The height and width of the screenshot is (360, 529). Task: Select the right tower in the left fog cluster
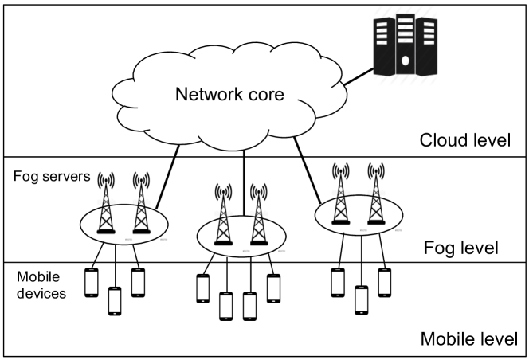pyautogui.click(x=141, y=205)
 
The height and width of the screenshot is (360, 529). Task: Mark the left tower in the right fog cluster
pyautogui.click(x=342, y=197)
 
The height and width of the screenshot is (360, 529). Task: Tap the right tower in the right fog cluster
pyautogui.click(x=376, y=197)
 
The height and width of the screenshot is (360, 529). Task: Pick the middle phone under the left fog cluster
pyautogui.click(x=116, y=300)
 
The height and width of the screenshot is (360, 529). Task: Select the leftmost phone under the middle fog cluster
pyautogui.click(x=203, y=288)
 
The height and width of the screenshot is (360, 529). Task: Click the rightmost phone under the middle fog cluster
pyautogui.click(x=274, y=288)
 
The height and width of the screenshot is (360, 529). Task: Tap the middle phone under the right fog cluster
pyautogui.click(x=362, y=299)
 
